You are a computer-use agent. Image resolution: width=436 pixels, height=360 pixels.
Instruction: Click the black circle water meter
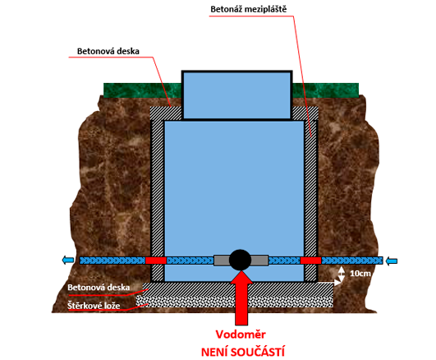(240, 260)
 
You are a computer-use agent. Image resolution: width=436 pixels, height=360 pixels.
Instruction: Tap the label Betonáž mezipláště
(248, 9)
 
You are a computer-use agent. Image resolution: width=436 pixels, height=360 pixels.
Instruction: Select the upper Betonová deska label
(108, 51)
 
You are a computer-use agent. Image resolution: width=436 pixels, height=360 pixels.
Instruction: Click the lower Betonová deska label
(99, 288)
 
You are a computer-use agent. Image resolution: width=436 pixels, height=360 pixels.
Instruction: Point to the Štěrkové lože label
(94, 306)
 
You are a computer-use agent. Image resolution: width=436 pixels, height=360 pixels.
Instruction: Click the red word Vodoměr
(241, 335)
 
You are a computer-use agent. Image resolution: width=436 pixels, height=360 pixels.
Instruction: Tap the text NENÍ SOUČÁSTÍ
(243, 353)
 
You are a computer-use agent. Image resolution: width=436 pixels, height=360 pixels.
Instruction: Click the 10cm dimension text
(360, 274)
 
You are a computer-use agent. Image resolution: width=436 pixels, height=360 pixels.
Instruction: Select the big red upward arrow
(241, 298)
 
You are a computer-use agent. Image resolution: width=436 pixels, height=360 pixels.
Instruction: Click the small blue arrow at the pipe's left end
(68, 261)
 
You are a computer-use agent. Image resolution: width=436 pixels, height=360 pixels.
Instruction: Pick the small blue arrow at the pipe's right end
(392, 261)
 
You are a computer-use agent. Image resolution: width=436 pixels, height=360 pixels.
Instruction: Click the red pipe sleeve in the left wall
(156, 261)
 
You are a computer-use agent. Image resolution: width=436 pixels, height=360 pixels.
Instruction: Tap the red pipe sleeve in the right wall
(311, 261)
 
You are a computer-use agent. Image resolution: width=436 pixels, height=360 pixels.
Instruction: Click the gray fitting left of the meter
(222, 261)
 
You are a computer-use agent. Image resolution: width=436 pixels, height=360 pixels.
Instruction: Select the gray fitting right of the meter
(259, 261)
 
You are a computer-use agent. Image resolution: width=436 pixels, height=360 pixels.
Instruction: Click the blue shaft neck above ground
(237, 95)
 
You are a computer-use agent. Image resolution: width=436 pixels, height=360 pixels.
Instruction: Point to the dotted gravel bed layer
(235, 302)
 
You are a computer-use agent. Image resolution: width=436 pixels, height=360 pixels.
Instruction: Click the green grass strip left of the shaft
(143, 90)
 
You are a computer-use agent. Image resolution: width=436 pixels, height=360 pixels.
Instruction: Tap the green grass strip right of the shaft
(326, 90)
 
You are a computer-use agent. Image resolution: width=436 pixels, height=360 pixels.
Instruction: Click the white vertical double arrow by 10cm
(342, 274)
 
